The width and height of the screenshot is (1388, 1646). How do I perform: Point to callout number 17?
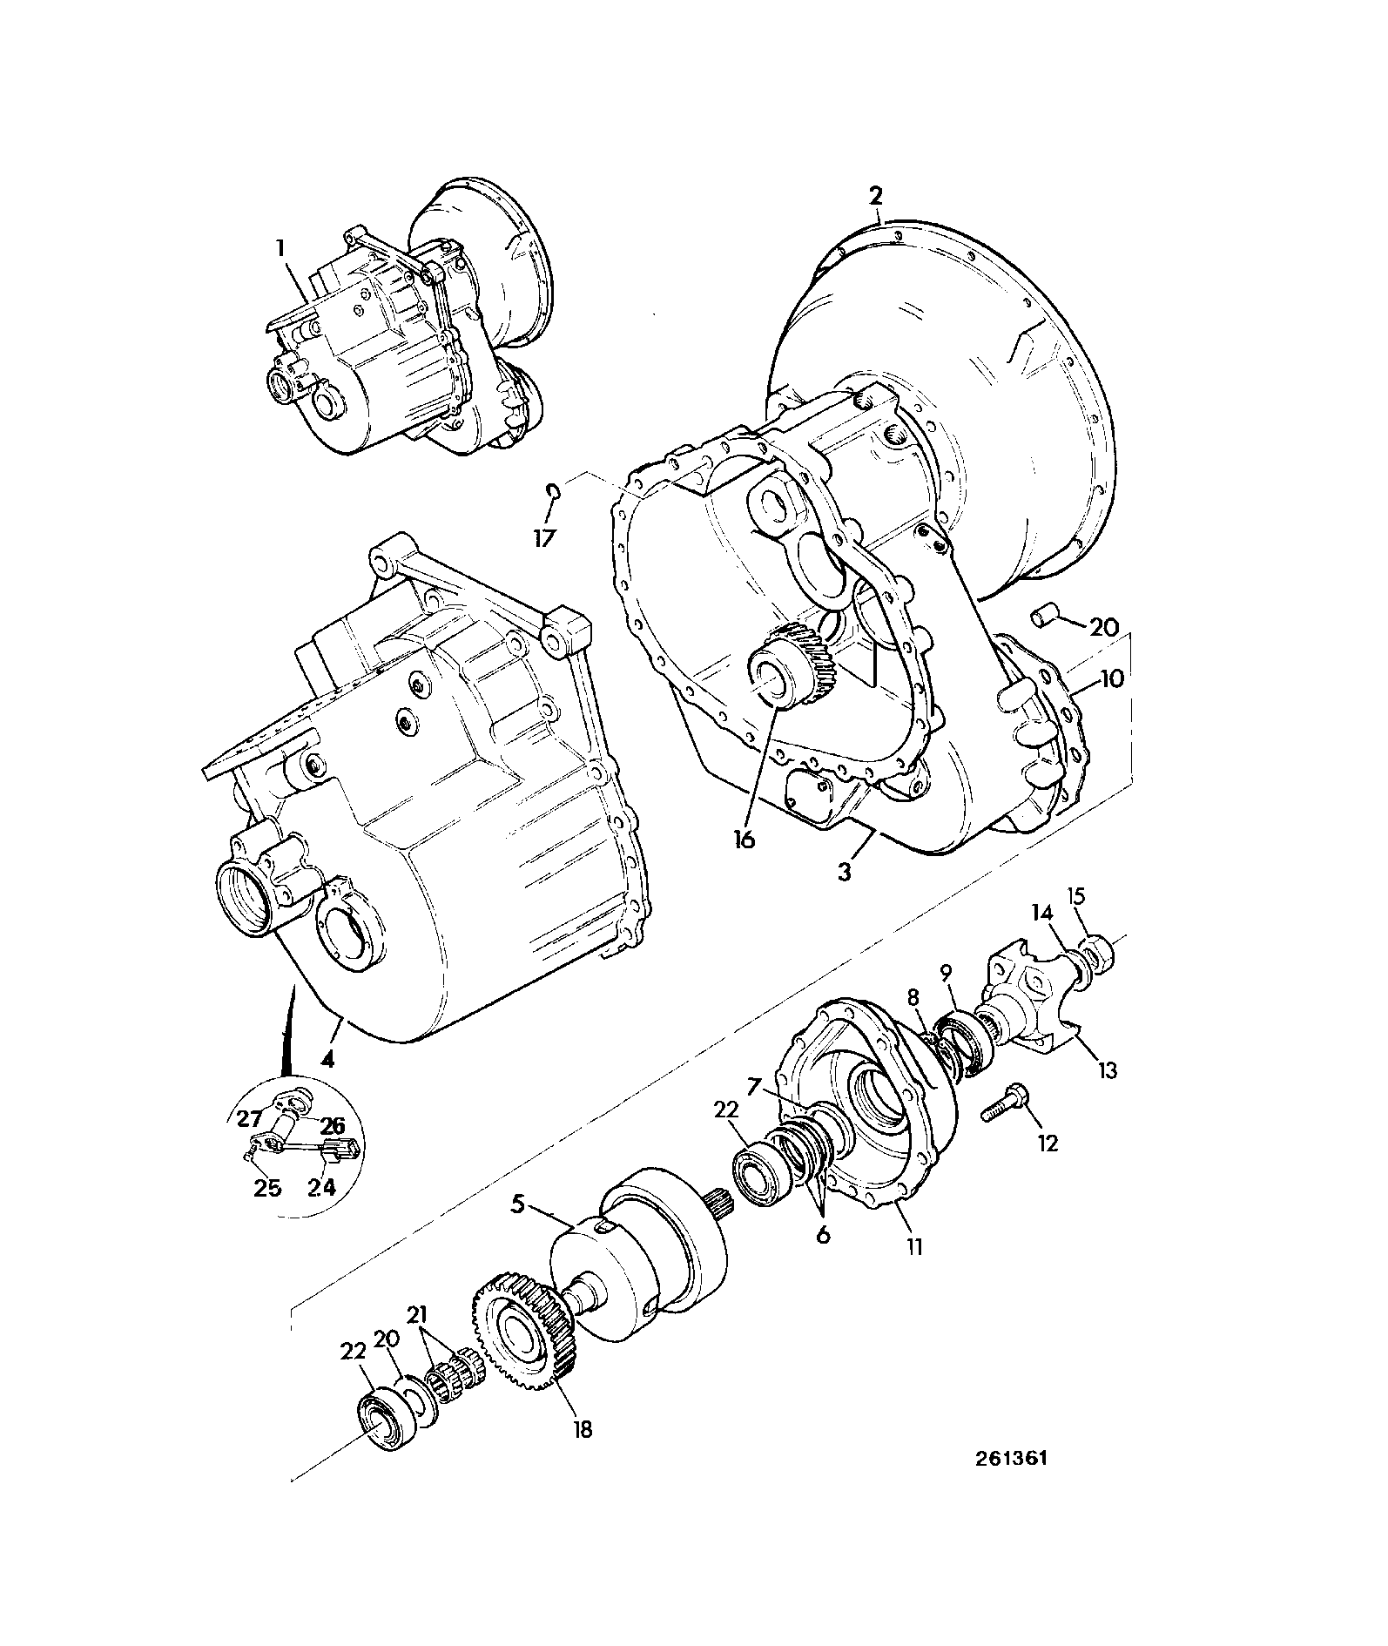(x=544, y=538)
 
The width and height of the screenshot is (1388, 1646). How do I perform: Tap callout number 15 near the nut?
(x=1077, y=897)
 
